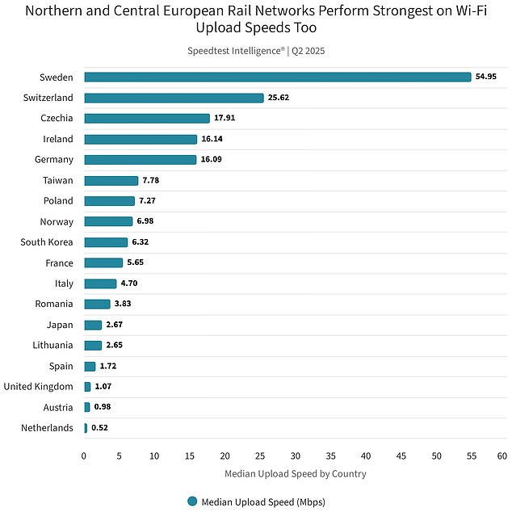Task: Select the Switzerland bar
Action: tap(174, 98)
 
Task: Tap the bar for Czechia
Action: tap(146, 118)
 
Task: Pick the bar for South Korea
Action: tap(106, 242)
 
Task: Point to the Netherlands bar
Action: tap(86, 428)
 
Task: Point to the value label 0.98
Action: tap(103, 407)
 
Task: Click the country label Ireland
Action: tap(58, 139)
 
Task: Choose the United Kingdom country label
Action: tap(38, 387)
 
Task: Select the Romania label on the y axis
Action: tap(54, 304)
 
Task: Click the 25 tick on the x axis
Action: tap(260, 456)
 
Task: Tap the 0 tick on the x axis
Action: tap(84, 456)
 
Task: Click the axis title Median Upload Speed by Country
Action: tap(295, 474)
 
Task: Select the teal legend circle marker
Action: tap(192, 502)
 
